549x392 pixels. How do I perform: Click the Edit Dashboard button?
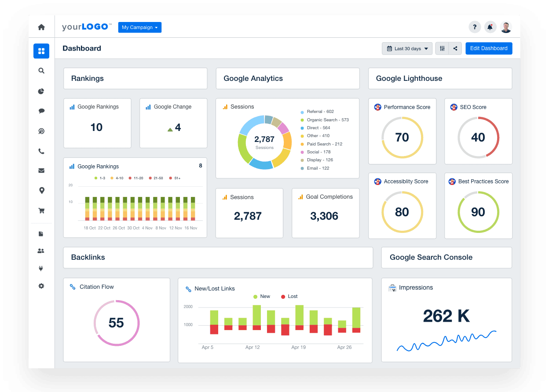point(489,48)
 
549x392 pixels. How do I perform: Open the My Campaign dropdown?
point(139,27)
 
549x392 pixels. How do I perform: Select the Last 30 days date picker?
point(407,49)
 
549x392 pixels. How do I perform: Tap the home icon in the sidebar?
point(41,27)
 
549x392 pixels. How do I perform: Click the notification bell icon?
point(490,27)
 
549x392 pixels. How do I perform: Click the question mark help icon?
point(474,27)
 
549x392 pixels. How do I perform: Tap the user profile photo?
point(506,27)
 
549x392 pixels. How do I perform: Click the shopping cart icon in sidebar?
point(41,211)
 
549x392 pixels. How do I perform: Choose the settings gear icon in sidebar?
point(41,286)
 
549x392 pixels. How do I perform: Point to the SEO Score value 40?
point(478,138)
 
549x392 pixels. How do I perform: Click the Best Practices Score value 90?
point(478,212)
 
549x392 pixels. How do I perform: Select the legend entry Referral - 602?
point(320,112)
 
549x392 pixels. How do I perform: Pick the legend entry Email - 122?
point(318,168)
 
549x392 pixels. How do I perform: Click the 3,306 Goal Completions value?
point(324,216)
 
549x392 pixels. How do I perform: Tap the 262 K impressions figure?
point(446,316)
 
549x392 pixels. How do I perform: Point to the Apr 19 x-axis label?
point(298,347)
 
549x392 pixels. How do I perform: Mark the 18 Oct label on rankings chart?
point(90,228)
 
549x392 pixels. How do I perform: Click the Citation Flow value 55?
point(116,323)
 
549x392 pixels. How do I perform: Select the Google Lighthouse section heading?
point(409,79)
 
